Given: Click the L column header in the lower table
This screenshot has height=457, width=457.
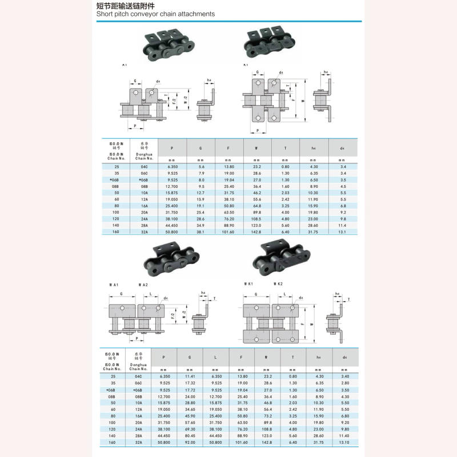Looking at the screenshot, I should (215, 358).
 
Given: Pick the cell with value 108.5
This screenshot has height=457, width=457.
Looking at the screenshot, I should (256, 218).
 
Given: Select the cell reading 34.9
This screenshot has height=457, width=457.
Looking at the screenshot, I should (201, 225).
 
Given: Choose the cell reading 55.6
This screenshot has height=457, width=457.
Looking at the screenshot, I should (256, 199).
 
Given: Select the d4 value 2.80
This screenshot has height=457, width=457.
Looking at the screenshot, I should (345, 383).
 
